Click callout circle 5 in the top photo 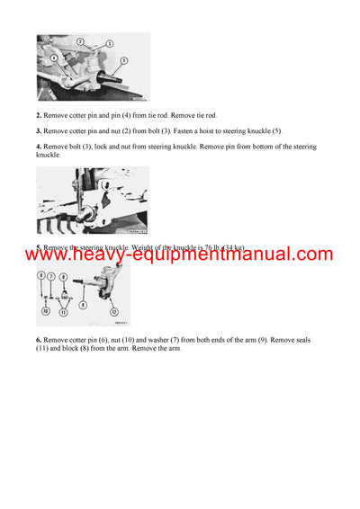[x=124, y=61]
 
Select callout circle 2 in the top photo [x=80, y=42]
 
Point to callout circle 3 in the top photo [x=109, y=43]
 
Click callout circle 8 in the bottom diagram [x=64, y=277]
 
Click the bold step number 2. [x=39, y=116]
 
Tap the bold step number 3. [x=39, y=131]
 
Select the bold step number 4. [x=39, y=147]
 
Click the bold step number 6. [x=39, y=340]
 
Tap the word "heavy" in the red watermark [x=105, y=254]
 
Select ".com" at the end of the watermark [x=310, y=254]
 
